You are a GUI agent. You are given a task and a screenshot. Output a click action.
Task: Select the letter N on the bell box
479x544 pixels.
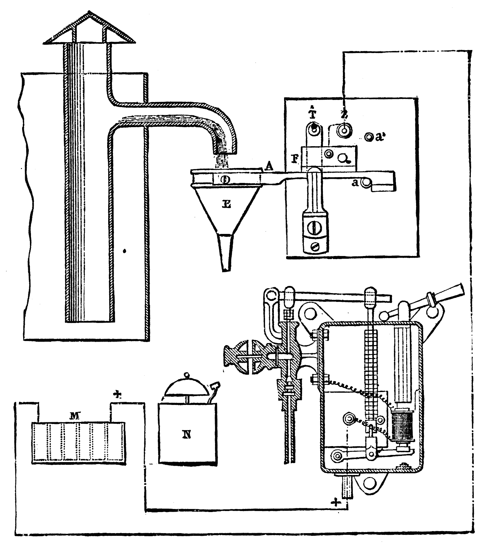(186, 435)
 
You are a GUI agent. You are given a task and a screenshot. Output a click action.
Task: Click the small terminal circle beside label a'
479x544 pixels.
(368, 137)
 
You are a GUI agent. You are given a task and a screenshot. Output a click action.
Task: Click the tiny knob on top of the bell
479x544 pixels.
(185, 374)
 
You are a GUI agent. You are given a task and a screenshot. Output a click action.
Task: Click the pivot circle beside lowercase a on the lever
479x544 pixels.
(366, 183)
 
